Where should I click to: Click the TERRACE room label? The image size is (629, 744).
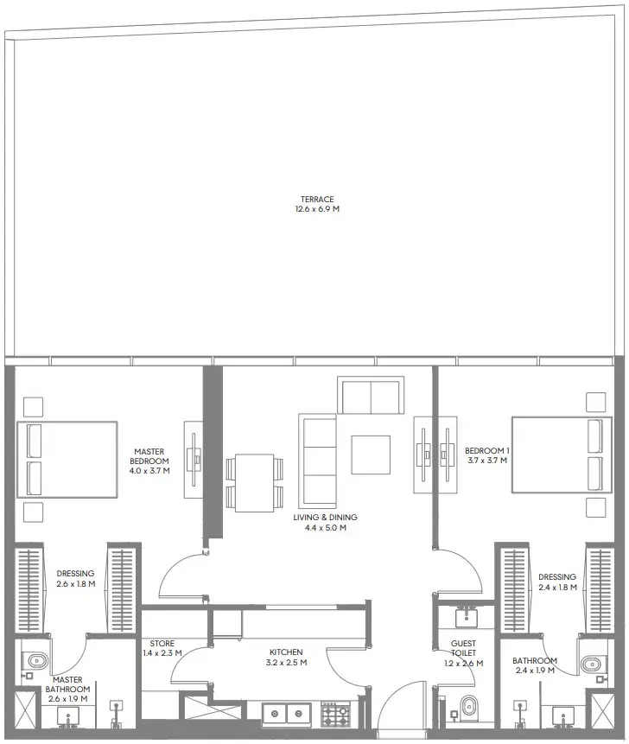312,200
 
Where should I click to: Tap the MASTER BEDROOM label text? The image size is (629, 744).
150,456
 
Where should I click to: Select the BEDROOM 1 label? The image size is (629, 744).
486,451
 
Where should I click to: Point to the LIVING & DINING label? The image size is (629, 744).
324,518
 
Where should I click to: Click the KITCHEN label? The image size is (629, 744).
285,652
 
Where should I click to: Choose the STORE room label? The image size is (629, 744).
162,644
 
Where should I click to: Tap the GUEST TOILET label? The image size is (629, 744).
463,649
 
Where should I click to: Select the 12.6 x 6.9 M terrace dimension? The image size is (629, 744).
312,210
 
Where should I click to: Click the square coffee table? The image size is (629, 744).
370,455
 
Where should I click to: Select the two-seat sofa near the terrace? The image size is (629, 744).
371,397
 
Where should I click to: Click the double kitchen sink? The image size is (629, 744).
286,715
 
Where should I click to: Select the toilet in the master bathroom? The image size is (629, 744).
36,662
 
